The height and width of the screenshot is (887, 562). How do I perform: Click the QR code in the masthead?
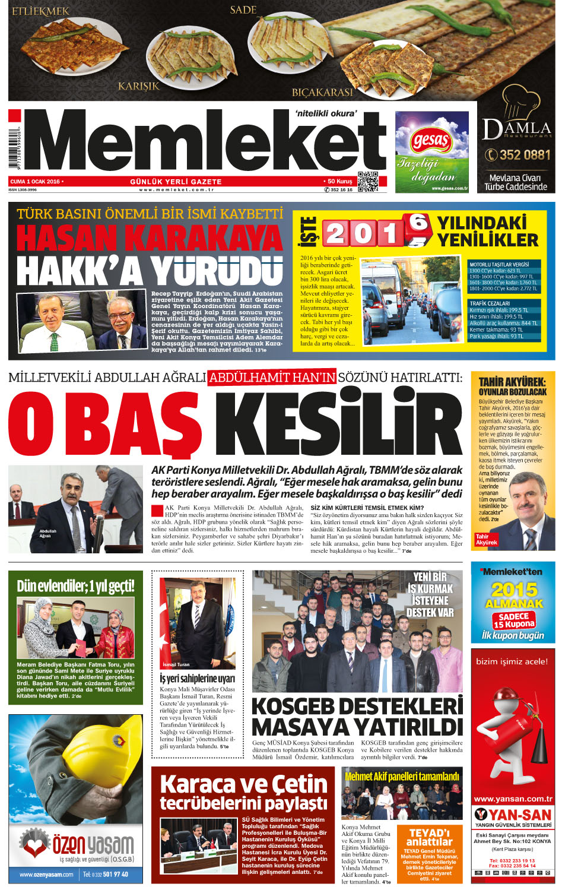click(x=368, y=182)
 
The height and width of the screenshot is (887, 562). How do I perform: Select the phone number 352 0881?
click(x=518, y=155)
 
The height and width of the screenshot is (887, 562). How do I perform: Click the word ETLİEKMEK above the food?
click(x=40, y=11)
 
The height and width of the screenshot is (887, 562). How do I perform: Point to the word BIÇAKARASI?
click(x=322, y=92)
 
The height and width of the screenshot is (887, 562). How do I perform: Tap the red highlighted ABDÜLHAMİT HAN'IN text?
click(x=272, y=377)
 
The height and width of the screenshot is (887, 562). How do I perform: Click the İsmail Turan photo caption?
click(x=176, y=664)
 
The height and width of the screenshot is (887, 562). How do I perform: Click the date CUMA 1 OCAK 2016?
click(x=35, y=182)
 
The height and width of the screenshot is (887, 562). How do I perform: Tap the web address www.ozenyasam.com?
click(x=46, y=874)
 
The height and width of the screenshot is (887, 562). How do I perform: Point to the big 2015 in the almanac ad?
click(x=514, y=590)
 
